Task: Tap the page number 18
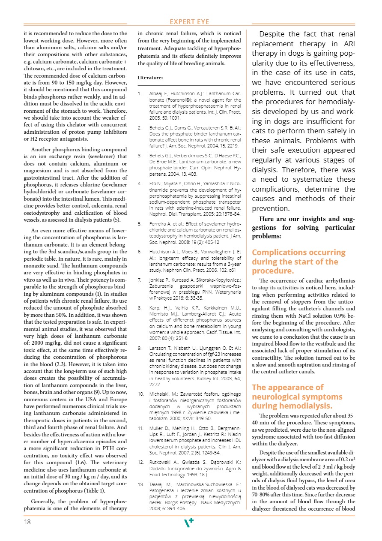27,522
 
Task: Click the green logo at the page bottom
189,523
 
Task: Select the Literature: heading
150,78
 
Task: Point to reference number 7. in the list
140,280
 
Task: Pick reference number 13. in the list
141,484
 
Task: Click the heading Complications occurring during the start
295,261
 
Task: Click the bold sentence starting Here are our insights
303,228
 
